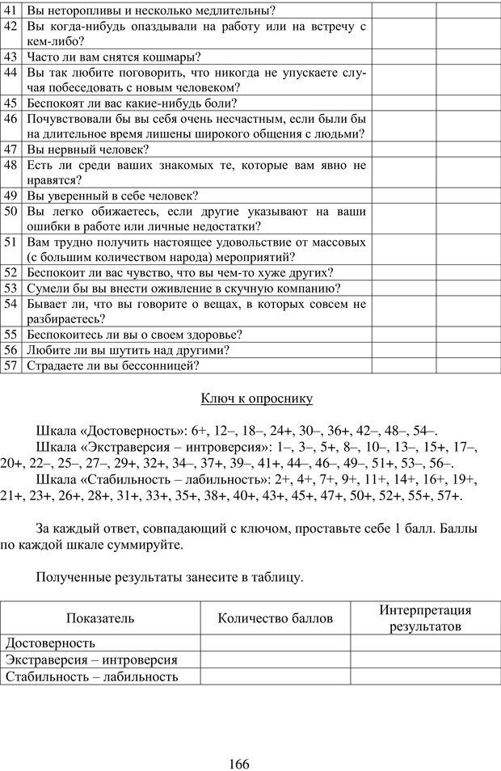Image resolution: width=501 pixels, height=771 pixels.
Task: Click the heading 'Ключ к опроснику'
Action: tap(255, 398)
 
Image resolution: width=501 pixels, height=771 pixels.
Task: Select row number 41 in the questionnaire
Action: tap(12, 11)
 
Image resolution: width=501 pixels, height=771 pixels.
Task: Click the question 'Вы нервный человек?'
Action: tap(88, 150)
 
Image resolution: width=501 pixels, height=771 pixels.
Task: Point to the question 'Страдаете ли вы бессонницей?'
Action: tap(112, 365)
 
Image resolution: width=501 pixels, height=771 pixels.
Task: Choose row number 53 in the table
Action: tap(12, 288)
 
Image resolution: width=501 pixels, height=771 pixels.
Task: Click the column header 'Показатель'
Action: tap(100, 618)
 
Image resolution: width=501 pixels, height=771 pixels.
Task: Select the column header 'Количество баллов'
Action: tap(275, 618)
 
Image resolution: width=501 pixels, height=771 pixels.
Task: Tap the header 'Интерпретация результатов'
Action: tap(425, 618)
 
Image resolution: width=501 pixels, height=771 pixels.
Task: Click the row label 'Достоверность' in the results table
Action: tap(51, 643)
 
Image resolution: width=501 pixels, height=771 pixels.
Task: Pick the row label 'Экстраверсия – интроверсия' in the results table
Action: tap(91, 660)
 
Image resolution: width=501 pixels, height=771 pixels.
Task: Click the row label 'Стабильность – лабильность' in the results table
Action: tap(91, 676)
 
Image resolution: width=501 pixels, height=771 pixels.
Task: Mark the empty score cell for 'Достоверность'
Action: tap(275, 643)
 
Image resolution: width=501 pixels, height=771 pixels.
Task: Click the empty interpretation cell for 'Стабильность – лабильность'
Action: tap(425, 676)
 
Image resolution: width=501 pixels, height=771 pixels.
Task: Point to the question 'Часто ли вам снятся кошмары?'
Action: tap(114, 57)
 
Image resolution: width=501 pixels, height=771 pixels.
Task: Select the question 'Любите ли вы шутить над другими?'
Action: tap(128, 350)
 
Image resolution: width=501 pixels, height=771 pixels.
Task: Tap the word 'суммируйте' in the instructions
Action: tap(148, 545)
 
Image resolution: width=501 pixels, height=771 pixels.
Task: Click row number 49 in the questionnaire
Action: tap(12, 196)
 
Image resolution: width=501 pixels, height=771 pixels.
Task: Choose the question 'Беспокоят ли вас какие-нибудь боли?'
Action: tap(132, 103)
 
